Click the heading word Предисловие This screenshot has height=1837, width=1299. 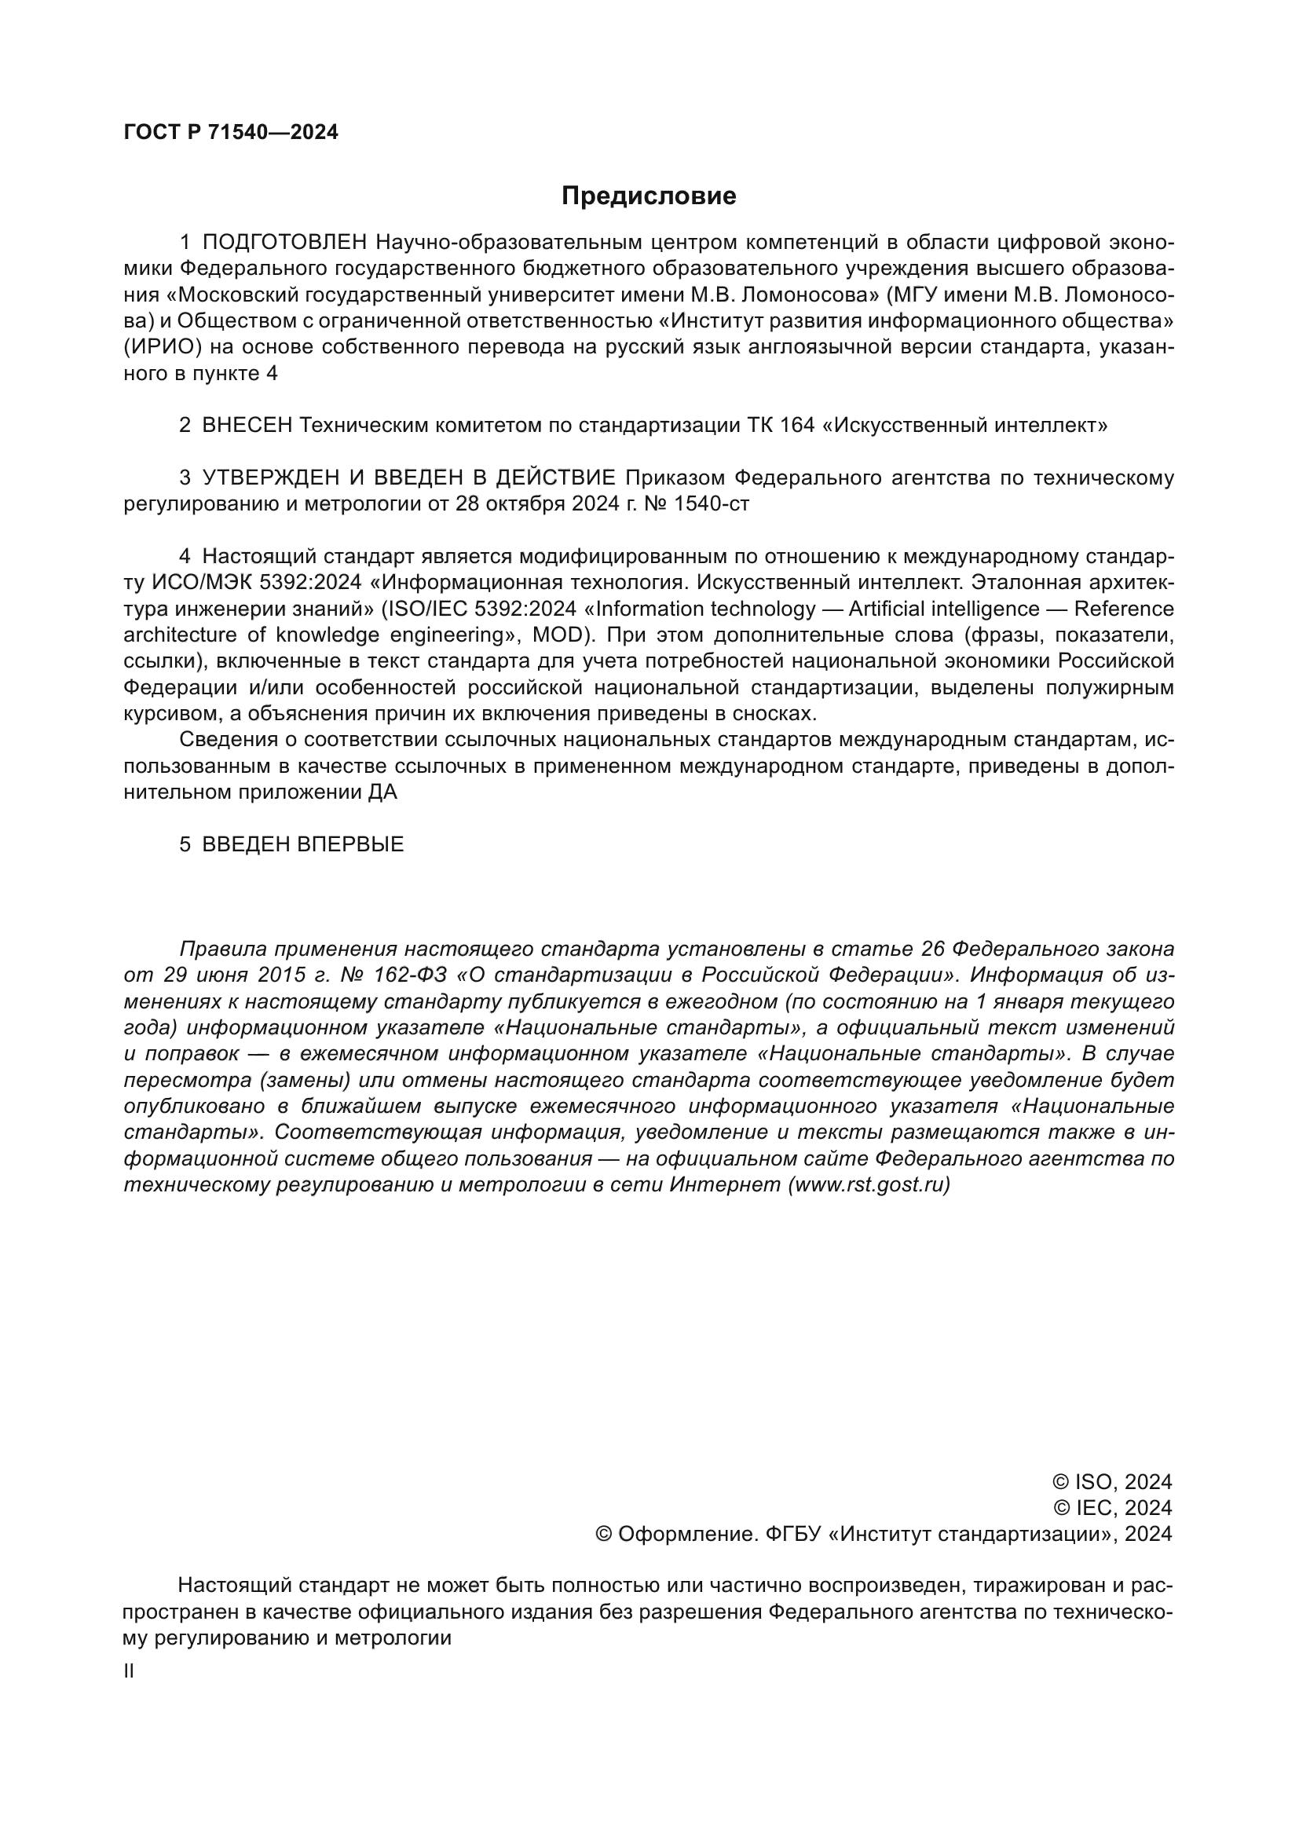point(648,196)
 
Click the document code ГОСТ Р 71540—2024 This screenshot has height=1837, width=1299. point(230,133)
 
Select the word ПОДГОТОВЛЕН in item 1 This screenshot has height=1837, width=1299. point(285,243)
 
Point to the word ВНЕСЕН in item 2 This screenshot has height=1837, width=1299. point(247,426)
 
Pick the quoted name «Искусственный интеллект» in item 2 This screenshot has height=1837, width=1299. point(964,426)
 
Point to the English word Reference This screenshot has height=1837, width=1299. point(1123,609)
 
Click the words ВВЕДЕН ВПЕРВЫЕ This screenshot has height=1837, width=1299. point(302,845)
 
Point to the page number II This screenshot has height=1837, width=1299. point(129,1671)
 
